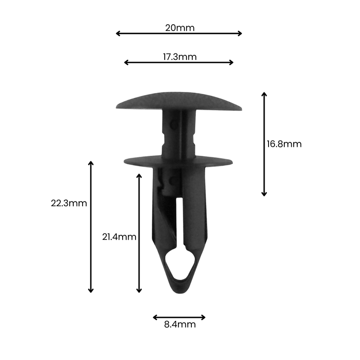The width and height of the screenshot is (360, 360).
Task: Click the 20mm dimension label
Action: tap(180, 28)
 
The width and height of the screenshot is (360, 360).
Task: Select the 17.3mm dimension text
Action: tap(180, 56)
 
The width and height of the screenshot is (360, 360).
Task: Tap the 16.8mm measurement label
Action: tap(284, 144)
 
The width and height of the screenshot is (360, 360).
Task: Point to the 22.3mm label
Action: tap(69, 203)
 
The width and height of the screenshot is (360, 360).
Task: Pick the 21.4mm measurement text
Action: tap(119, 237)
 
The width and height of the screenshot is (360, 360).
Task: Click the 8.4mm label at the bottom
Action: tap(180, 325)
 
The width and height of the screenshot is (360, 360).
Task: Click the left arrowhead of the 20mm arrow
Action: tap(118, 34)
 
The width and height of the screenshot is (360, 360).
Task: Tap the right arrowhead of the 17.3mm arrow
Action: tap(231, 62)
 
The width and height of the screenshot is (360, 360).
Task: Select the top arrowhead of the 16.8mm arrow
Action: tap(264, 94)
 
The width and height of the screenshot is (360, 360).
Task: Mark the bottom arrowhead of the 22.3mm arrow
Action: tap(90, 290)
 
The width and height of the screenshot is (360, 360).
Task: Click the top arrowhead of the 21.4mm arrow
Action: tap(139, 175)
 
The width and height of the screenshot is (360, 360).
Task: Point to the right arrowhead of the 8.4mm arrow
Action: tap(203, 317)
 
